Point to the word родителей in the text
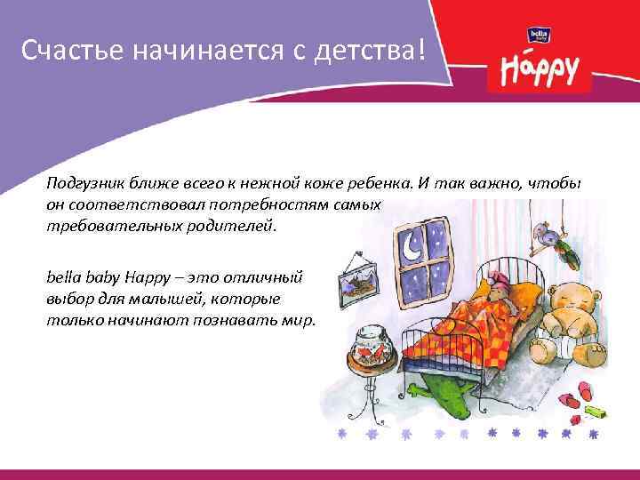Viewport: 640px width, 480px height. pos(240,225)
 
